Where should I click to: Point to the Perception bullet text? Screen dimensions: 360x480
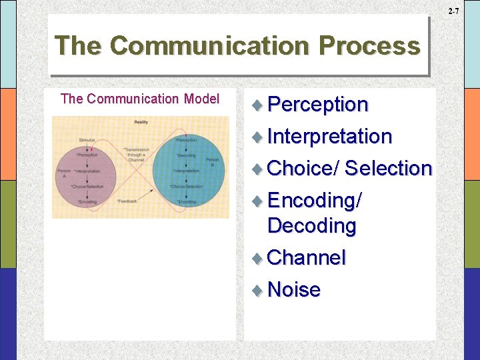point(318,105)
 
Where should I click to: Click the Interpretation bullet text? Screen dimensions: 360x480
point(329,137)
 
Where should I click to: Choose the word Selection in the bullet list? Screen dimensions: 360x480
point(389,169)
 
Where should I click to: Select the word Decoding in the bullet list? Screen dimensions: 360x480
point(312,226)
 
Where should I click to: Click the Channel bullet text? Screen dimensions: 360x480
point(307,258)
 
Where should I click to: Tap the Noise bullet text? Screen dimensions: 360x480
point(294,290)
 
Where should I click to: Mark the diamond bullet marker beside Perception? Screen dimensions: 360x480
point(259,105)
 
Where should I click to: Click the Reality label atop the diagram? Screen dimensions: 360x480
point(141,122)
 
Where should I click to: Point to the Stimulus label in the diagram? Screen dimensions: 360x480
point(87,140)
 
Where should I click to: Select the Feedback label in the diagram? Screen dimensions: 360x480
point(127,201)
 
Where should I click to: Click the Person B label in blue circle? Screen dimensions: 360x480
point(212,163)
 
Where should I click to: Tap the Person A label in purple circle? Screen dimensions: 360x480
point(64,173)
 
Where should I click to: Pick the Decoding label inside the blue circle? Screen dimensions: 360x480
point(186,155)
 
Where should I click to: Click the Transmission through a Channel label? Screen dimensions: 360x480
point(136,155)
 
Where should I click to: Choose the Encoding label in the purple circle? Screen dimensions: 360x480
point(87,201)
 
